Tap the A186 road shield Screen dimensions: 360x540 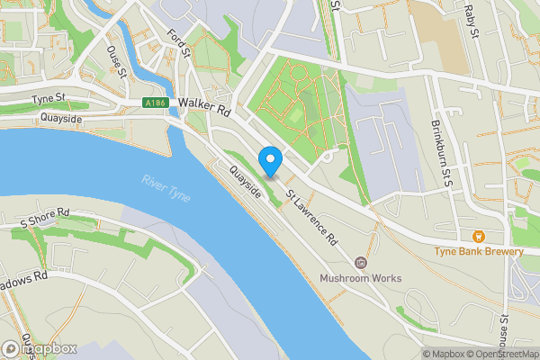point(157,103)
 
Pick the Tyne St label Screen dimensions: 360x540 point(49,98)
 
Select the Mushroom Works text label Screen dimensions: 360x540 point(361,278)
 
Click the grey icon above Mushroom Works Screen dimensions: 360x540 point(361,262)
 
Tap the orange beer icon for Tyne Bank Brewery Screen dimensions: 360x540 point(478,236)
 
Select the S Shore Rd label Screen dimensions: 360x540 point(45,217)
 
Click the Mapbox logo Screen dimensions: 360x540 point(40,348)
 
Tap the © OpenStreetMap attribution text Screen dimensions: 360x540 point(504,354)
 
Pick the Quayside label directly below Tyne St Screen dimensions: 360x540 point(61,118)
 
